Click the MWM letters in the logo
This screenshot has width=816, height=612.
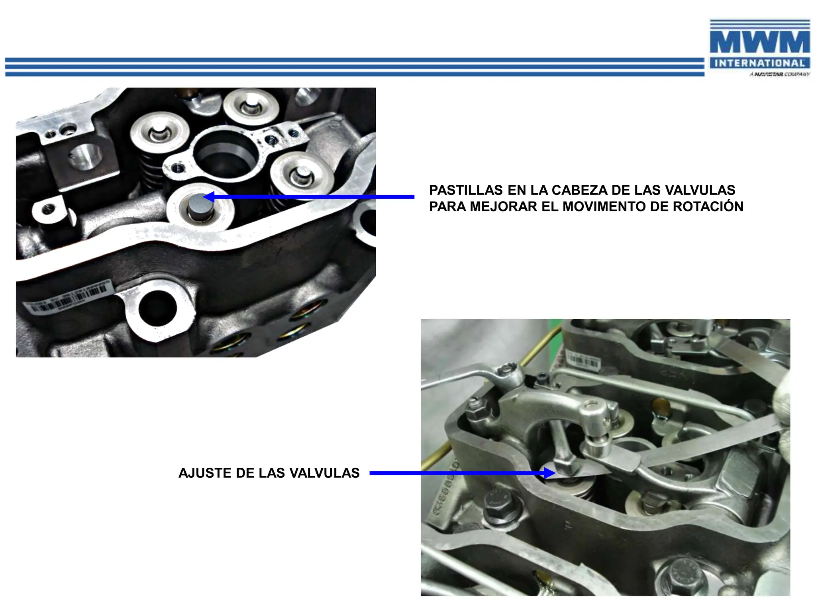point(759,42)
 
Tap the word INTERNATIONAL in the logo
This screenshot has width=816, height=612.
point(759,63)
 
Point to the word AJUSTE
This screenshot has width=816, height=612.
point(205,473)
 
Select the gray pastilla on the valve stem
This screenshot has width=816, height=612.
point(197,204)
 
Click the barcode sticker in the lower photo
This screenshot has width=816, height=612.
point(583,361)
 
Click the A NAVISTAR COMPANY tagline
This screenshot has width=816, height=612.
point(779,75)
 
